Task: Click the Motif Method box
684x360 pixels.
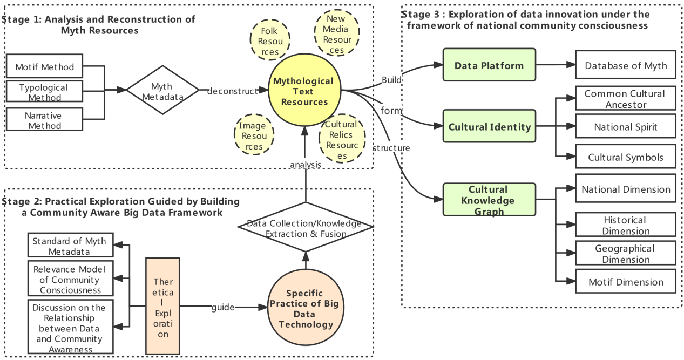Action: (x=45, y=67)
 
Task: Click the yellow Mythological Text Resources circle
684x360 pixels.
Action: (x=303, y=91)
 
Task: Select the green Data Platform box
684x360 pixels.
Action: (x=489, y=66)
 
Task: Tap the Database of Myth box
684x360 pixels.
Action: (x=626, y=66)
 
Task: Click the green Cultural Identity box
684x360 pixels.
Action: (x=489, y=127)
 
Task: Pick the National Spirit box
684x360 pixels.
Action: (x=626, y=127)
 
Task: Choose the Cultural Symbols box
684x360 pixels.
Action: (x=626, y=158)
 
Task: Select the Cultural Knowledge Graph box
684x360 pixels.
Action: (x=489, y=200)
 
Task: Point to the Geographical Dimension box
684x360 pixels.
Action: (x=626, y=254)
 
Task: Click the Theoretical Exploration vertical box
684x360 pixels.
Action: (x=162, y=305)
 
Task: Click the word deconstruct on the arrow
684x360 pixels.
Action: (x=233, y=91)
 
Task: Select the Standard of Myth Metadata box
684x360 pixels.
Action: (x=70, y=246)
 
